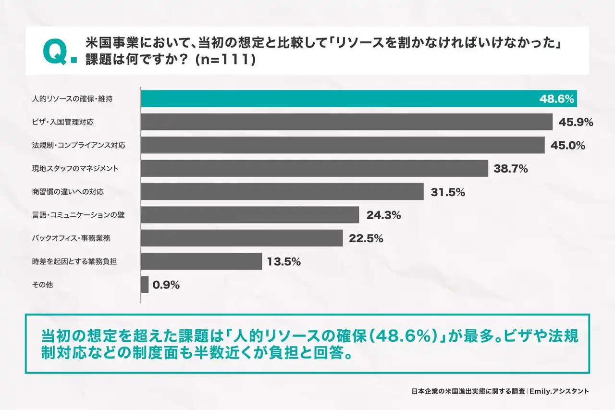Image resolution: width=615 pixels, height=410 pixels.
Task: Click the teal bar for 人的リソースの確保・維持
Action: pyautogui.click(x=336, y=99)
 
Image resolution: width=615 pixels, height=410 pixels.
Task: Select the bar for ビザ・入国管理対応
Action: pyautogui.click(x=346, y=122)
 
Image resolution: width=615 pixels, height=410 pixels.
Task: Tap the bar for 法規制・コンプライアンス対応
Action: pyautogui.click(x=343, y=145)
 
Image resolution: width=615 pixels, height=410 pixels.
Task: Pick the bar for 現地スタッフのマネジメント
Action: pyautogui.click(x=314, y=168)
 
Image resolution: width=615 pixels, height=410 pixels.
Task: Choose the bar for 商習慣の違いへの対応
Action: pyautogui.click(x=282, y=192)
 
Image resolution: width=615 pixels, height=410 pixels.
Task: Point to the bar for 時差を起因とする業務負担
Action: pyautogui.click(x=201, y=261)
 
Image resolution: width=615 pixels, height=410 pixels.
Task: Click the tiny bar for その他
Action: pyautogui.click(x=145, y=285)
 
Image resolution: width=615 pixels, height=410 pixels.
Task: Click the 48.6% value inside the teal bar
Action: pyautogui.click(x=557, y=99)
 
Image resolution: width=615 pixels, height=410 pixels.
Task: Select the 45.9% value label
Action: pyautogui.click(x=576, y=122)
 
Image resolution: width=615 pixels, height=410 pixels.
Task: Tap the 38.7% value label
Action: pyautogui.click(x=511, y=169)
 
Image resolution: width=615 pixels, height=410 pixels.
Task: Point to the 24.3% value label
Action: pyautogui.click(x=383, y=215)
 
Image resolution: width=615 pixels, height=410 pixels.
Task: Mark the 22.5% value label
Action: pyautogui.click(x=366, y=238)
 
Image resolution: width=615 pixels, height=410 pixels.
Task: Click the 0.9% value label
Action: pyautogui.click(x=166, y=285)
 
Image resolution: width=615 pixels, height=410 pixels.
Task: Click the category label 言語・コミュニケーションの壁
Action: pyautogui.click(x=78, y=215)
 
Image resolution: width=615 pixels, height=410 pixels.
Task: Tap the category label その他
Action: pyautogui.click(x=42, y=285)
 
